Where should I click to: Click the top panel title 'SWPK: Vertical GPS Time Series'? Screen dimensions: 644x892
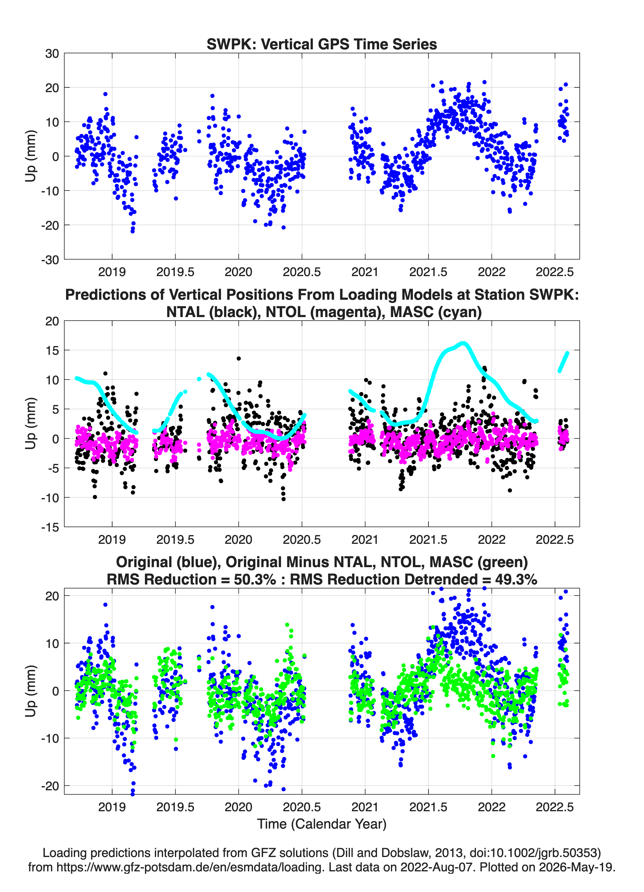pyautogui.click(x=322, y=44)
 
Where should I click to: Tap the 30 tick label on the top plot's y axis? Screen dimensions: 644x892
pyautogui.click(x=52, y=54)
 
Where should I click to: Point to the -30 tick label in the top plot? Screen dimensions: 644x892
pyautogui.click(x=50, y=260)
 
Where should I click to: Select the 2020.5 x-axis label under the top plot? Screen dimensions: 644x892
pyautogui.click(x=302, y=272)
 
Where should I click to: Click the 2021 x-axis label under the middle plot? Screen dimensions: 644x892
pyautogui.click(x=365, y=539)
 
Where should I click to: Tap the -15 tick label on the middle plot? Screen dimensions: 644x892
pyautogui.click(x=50, y=527)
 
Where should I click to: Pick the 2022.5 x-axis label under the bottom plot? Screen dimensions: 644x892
pyautogui.click(x=555, y=807)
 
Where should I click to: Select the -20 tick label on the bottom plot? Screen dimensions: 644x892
pyautogui.click(x=50, y=786)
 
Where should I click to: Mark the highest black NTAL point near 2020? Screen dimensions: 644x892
pyautogui.click(x=239, y=358)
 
